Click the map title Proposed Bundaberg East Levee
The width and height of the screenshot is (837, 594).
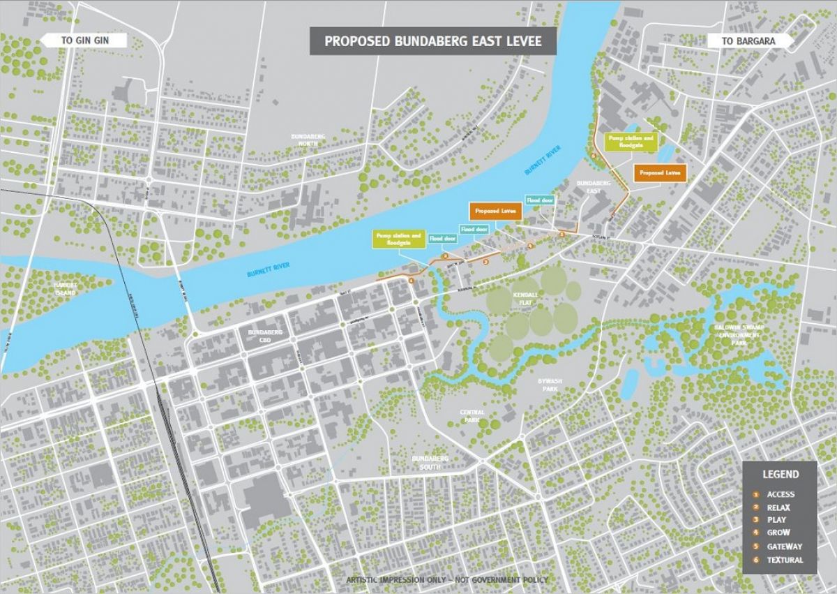coord(433,41)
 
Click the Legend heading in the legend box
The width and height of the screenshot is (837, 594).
coord(780,474)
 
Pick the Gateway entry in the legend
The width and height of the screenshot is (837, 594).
coord(784,547)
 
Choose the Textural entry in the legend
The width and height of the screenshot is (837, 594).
coord(785,560)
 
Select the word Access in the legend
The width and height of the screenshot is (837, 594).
coord(781,494)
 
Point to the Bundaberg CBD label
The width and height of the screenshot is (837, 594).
coord(264,336)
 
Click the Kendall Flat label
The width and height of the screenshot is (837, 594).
coord(525,299)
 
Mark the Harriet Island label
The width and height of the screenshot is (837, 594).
coord(68,289)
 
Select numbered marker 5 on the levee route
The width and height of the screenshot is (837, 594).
coord(561,235)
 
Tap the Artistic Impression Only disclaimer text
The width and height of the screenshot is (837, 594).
coord(447,580)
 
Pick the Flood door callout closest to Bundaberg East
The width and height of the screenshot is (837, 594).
coord(540,200)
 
